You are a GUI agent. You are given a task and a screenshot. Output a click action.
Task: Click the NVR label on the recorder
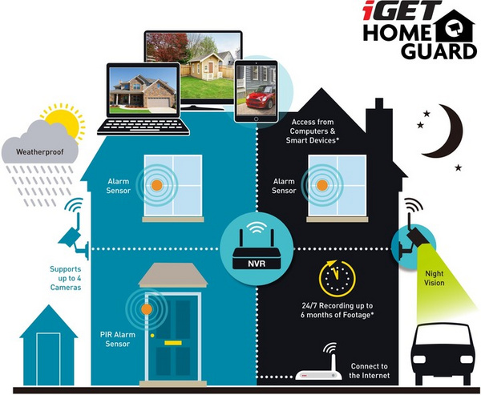[257, 264]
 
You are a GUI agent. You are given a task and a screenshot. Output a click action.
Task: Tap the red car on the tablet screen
[260, 97]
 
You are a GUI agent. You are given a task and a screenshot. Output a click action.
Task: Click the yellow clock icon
[338, 279]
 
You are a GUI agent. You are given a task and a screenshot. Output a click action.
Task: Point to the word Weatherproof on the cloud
[40, 151]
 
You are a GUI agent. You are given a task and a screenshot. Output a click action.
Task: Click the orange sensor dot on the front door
[147, 309]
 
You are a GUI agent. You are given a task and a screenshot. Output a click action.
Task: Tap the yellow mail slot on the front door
[173, 343]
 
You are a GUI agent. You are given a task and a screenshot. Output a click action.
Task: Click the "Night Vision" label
[434, 278]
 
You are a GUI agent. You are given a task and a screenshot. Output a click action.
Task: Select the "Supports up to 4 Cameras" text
[66, 278]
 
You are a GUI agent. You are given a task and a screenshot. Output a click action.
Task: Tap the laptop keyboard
[143, 126]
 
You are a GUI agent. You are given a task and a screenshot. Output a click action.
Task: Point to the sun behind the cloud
[65, 120]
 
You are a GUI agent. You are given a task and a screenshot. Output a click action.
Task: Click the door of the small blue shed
[48, 359]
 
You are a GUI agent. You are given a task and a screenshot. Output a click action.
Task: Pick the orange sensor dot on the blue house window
[157, 185]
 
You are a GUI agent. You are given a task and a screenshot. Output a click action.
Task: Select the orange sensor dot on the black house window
[322, 185]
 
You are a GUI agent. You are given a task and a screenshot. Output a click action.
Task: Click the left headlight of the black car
[419, 359]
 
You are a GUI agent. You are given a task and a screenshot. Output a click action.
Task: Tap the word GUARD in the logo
[439, 51]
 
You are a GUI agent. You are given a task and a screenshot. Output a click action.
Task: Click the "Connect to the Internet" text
[370, 371]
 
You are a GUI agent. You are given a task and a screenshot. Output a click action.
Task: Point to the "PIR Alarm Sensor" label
[118, 339]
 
